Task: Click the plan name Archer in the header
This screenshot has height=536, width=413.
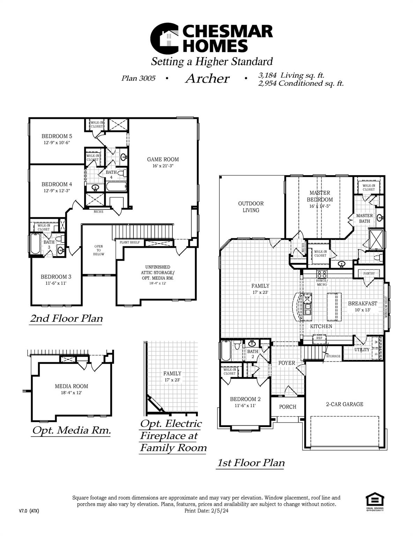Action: point(207,79)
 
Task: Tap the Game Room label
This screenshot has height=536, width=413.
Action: point(163,159)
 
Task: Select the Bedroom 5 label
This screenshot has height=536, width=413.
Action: point(57,136)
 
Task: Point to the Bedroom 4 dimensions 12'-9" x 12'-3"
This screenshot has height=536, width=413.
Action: point(57,191)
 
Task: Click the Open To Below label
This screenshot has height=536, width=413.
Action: point(99,250)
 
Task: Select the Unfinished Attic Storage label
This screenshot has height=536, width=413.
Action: point(157,273)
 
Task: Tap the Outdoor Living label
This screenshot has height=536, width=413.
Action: point(251,207)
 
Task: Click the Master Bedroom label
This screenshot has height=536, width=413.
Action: point(320,196)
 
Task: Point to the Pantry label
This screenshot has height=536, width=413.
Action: point(369,274)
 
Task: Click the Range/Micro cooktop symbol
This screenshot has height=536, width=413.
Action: point(322,274)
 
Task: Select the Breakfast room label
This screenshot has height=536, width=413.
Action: point(362,304)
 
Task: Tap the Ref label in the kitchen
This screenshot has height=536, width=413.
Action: point(319,338)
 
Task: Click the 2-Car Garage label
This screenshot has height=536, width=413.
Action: point(345,404)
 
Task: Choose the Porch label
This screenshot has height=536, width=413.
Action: point(288,407)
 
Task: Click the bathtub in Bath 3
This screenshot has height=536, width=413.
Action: point(35,244)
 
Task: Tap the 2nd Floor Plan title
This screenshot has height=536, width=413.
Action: point(66,319)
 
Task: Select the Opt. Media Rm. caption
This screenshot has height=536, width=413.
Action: point(72,430)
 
